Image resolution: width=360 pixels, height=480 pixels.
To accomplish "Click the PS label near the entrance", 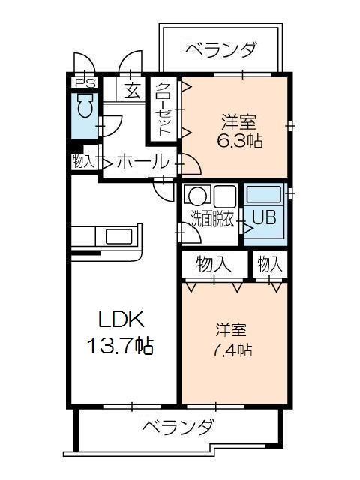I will (84, 83).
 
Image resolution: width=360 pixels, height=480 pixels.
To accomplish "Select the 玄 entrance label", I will (132, 91).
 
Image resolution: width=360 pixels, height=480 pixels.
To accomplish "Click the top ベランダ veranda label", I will (221, 51).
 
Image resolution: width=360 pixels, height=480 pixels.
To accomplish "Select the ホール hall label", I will (142, 161).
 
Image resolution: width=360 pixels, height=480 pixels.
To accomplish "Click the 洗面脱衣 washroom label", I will (212, 220).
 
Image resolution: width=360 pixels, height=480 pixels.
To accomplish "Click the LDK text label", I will (121, 319).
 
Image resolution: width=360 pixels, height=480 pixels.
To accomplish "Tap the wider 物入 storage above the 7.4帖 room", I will (213, 263).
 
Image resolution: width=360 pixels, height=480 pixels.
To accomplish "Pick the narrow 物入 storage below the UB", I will (269, 263).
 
